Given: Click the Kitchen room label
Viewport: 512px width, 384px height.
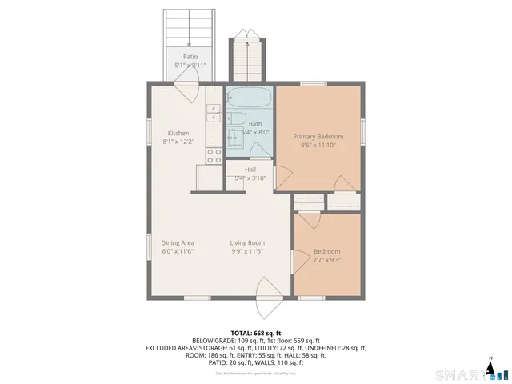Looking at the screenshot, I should pos(178,133).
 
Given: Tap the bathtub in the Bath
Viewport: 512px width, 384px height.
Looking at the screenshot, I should pos(250,99).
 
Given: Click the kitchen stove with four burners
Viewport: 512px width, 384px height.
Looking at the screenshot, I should pos(214,156).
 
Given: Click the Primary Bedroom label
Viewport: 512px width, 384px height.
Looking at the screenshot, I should pos(318,137).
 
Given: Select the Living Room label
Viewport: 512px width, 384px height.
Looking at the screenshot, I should pos(247,243).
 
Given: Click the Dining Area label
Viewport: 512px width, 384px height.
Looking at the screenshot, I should pos(178,243).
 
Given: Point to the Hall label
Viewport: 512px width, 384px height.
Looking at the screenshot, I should pos(250,170).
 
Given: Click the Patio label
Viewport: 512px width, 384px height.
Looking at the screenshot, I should pos(190,57).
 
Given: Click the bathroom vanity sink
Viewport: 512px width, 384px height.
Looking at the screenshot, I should pos(235,138).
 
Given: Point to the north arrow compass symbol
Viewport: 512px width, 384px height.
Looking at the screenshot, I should pos(491,368).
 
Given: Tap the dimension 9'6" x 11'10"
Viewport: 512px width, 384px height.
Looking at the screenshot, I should pos(318,146).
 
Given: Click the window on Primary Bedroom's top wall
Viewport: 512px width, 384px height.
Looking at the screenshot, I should pos(313,83).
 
